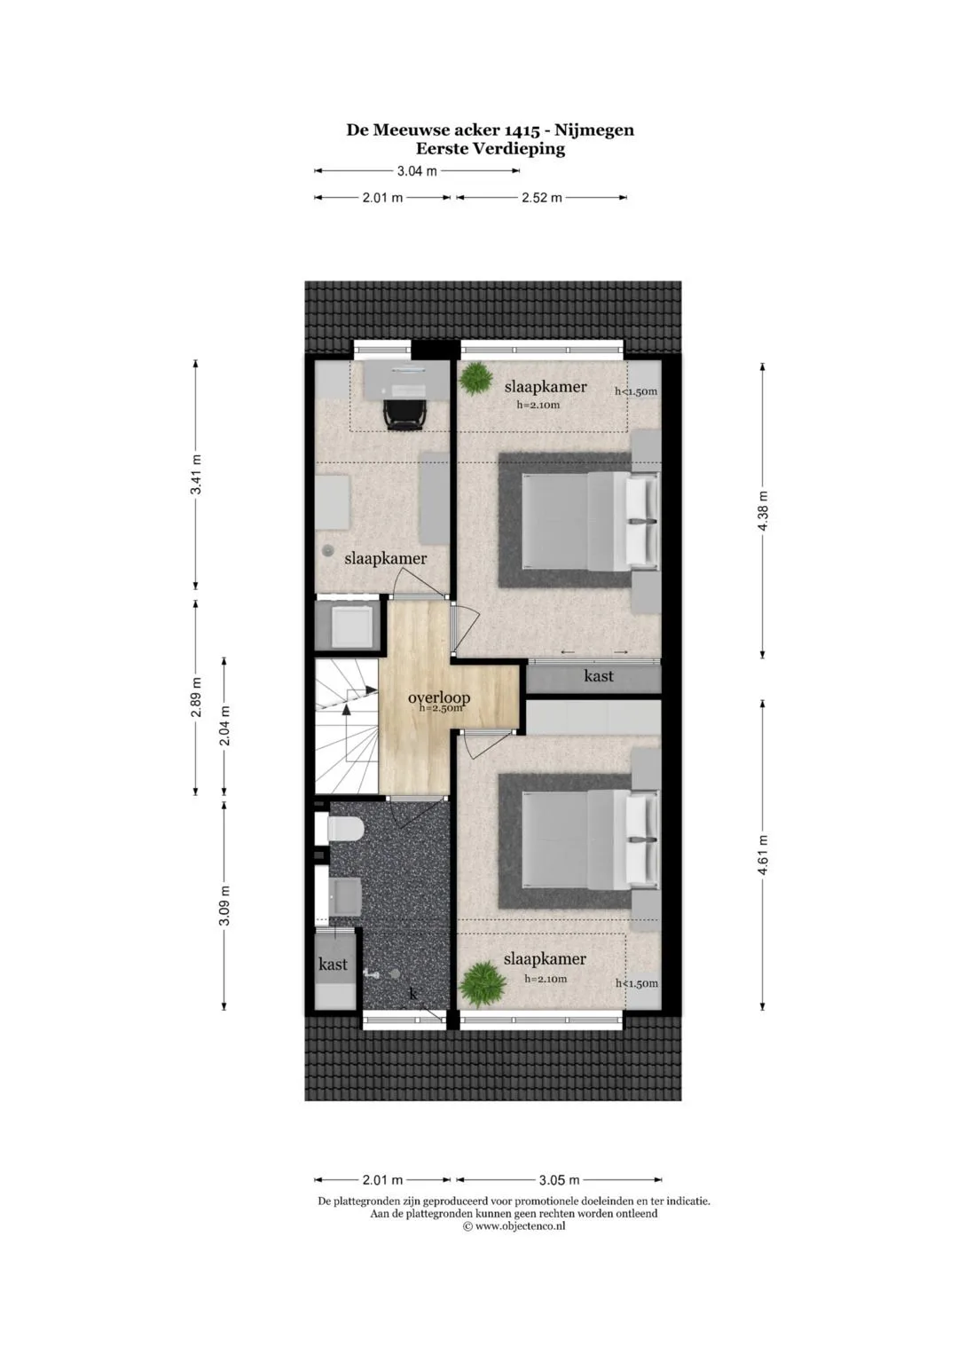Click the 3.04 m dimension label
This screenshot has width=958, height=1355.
(417, 171)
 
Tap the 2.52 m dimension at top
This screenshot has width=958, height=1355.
(542, 198)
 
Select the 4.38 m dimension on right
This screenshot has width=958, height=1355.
(763, 510)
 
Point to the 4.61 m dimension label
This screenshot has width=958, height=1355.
(763, 855)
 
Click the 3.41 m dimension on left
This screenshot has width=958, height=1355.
(196, 474)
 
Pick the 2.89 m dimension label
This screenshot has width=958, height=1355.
(196, 697)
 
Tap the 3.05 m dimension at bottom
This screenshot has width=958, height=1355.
(560, 1180)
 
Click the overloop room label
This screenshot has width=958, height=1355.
(438, 697)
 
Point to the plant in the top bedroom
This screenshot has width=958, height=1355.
(476, 379)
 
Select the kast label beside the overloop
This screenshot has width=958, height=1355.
(599, 675)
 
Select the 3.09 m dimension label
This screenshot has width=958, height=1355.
(224, 905)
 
